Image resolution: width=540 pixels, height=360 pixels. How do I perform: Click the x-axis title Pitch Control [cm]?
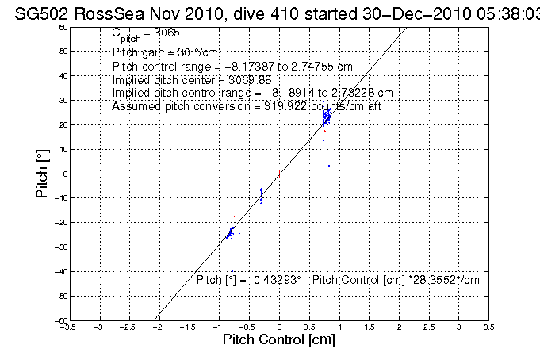click(278, 339)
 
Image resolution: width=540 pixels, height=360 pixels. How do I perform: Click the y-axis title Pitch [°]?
click(44, 173)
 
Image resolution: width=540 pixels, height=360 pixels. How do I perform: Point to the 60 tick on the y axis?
click(63, 27)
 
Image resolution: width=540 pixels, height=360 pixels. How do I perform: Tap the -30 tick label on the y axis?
click(61, 247)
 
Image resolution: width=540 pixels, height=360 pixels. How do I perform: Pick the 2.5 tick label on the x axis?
click(428, 326)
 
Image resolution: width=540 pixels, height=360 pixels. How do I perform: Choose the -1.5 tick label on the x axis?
click(189, 326)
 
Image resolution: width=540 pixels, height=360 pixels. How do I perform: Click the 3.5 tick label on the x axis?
click(488, 326)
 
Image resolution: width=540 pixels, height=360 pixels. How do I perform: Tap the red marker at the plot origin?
click(279, 173)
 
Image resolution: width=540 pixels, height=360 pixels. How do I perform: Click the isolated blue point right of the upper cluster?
click(329, 166)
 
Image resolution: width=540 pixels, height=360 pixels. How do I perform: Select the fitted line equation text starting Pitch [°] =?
click(338, 280)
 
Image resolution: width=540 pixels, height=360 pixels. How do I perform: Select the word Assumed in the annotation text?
click(135, 105)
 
